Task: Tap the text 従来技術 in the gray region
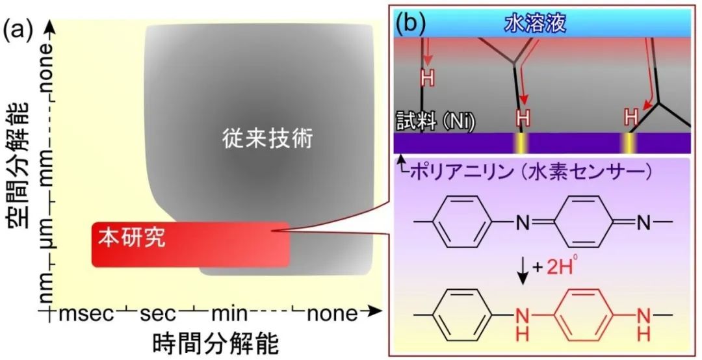[268, 139]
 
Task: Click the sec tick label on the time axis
[158, 314]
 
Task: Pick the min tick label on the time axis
[229, 313]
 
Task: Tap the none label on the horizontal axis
[332, 314]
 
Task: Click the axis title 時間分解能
[216, 344]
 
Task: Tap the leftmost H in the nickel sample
[428, 79]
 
